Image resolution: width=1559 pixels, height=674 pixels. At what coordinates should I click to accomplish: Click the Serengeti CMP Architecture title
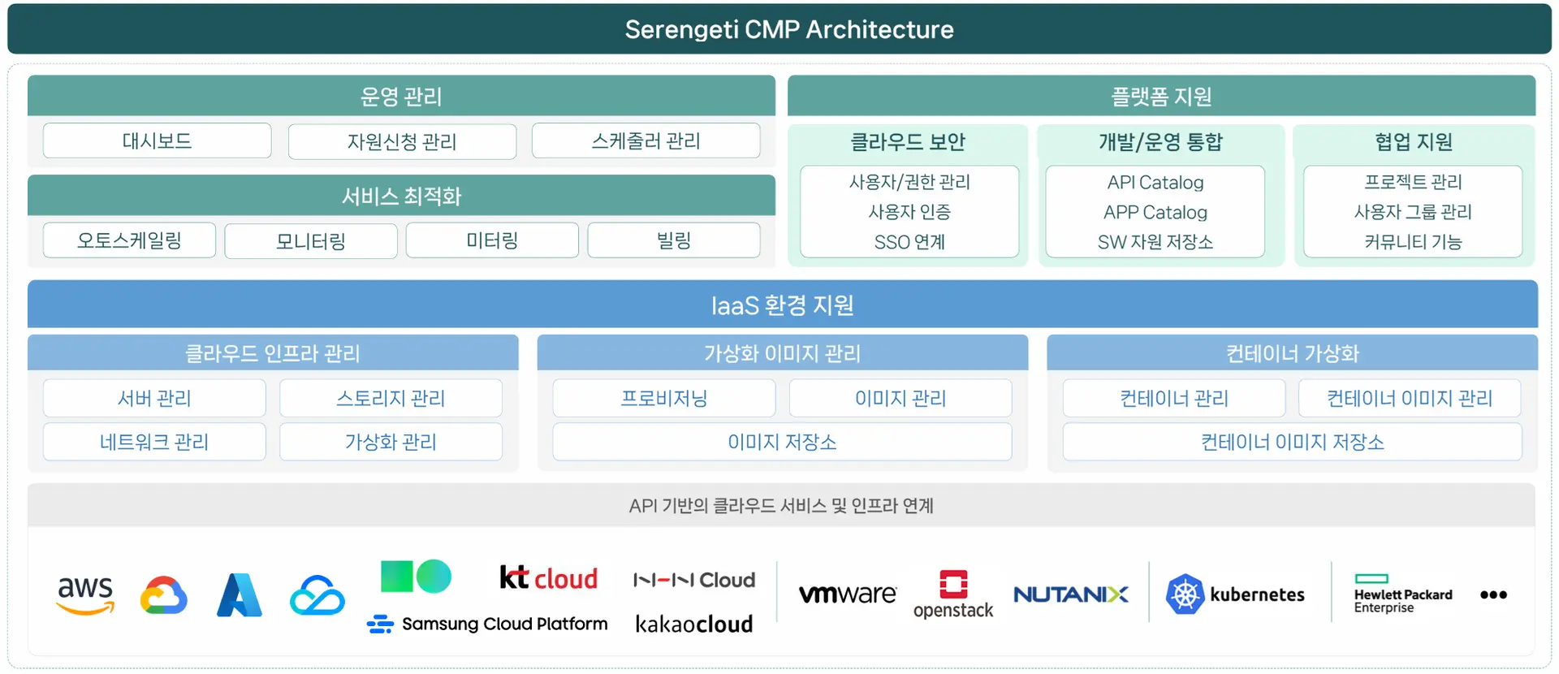pos(789,29)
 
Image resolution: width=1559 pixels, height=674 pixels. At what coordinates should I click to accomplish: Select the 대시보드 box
pos(157,140)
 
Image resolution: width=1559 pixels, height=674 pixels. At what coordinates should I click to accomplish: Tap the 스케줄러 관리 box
pos(646,140)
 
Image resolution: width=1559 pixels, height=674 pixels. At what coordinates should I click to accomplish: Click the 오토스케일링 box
pos(129,240)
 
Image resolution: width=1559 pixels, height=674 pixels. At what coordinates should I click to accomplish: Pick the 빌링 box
pos(674,240)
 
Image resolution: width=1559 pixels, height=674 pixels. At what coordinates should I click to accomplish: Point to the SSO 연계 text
pos(909,242)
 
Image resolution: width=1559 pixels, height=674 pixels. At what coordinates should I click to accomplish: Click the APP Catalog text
pos(1155,212)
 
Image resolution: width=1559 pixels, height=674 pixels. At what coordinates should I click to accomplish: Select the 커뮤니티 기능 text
pos(1413,242)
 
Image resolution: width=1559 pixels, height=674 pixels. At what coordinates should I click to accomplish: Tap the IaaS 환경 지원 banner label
pos(783,305)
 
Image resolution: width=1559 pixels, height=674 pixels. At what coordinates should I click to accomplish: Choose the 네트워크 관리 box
pos(154,442)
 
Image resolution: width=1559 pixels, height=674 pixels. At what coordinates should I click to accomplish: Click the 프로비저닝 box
pos(664,398)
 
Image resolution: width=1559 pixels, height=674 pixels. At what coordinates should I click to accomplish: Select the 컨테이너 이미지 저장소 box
pos(1293,442)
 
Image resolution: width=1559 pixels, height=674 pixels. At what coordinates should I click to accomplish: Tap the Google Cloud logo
pos(164,595)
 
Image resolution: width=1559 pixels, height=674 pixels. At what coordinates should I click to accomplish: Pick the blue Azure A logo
pos(240,595)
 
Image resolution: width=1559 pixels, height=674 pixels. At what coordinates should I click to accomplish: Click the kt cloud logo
pos(549,577)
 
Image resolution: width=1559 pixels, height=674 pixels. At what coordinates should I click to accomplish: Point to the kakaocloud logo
pos(694,624)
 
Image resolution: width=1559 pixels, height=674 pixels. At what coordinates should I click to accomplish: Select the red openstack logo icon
pos(953,584)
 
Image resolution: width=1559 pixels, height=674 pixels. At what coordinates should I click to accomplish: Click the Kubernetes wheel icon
pos(1185,594)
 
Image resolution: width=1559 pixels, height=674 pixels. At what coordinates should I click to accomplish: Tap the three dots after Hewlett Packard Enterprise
pos(1494,595)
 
